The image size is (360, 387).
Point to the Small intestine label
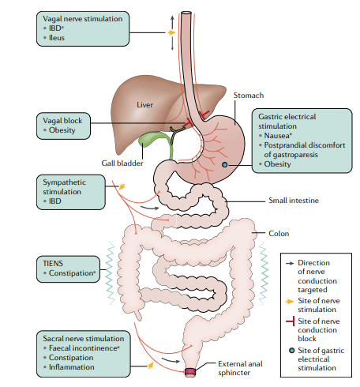tap(294, 201)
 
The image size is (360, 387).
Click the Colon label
tap(279, 233)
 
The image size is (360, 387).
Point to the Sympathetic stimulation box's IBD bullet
tap(59, 201)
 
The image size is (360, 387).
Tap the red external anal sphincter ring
tap(189, 371)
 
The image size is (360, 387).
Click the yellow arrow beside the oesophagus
tap(171, 33)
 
